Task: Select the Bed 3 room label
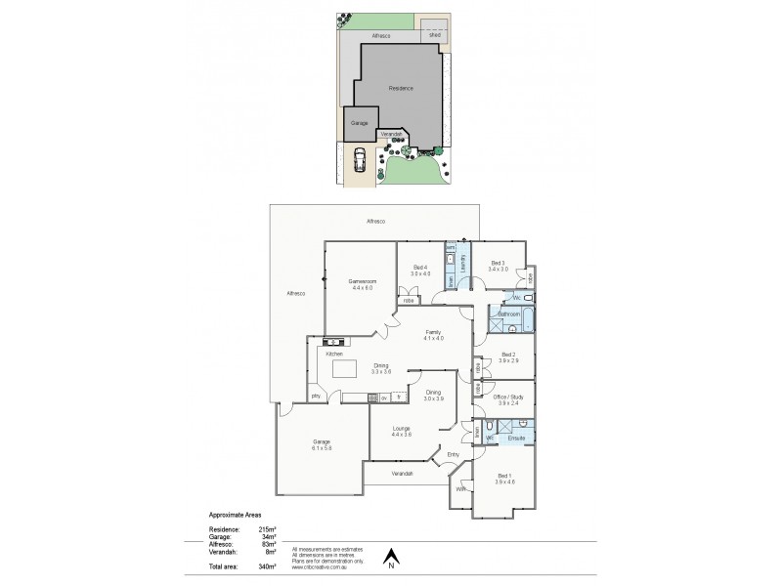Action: (499, 262)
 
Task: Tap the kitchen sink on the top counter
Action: (333, 341)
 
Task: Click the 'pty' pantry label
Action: (315, 397)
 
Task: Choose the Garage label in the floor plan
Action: (321, 441)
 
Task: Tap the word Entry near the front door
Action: (453, 455)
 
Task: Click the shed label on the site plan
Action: (435, 35)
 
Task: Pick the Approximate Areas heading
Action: (235, 514)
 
